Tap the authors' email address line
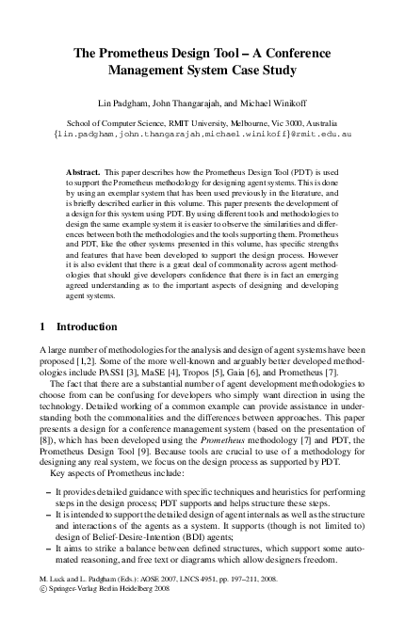(203, 135)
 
